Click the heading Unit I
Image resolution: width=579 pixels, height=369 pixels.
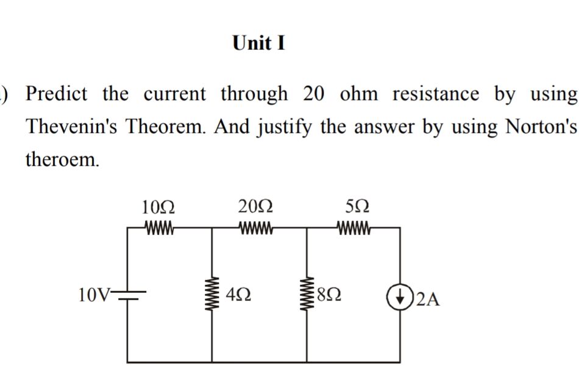[259, 44]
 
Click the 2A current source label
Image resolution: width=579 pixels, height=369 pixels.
[429, 299]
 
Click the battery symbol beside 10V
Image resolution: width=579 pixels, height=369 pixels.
[129, 297]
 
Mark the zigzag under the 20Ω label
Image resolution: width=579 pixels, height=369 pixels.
[257, 229]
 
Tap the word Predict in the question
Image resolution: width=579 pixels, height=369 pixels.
[56, 94]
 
